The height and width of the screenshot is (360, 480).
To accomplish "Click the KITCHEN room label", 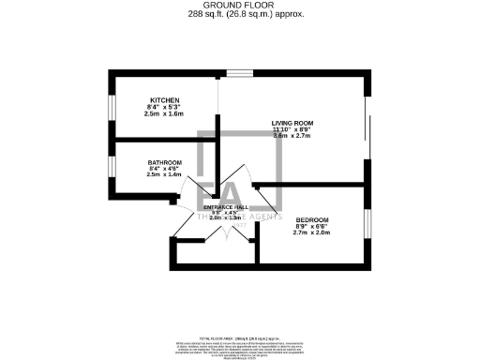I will tap(164, 100).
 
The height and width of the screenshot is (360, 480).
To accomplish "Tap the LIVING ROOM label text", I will tap(292, 122).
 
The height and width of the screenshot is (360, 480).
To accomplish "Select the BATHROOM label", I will tap(164, 162).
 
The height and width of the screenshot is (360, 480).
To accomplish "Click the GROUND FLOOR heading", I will tap(239, 6).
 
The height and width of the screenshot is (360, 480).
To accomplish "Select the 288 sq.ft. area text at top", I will tap(239, 15).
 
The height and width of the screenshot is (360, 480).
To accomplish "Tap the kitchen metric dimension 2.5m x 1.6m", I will tap(164, 113).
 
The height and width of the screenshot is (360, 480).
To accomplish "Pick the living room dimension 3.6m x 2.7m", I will tap(292, 136).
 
